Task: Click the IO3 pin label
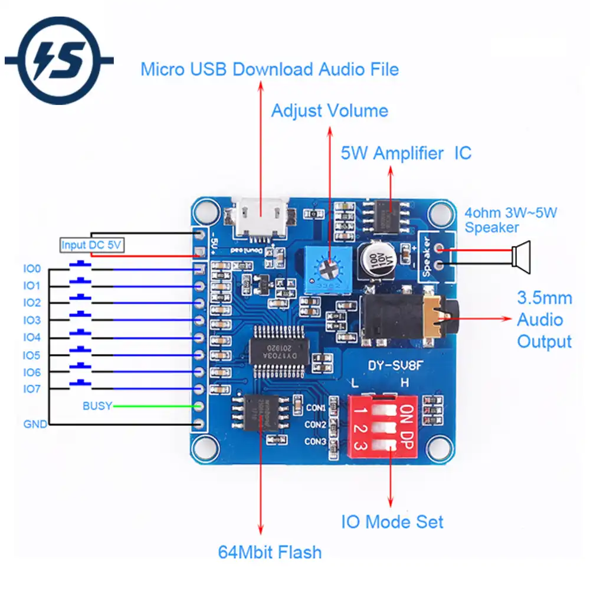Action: tap(32, 320)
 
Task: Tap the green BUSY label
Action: tap(97, 406)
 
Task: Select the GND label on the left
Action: tap(35, 424)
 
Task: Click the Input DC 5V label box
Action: tap(92, 245)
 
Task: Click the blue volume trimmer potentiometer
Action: tap(326, 268)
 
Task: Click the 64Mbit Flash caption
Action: tap(270, 552)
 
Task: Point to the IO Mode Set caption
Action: tap(392, 522)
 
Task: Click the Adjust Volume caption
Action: tap(329, 110)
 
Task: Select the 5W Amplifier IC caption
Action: tap(406, 153)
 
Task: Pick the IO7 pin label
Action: tap(32, 389)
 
